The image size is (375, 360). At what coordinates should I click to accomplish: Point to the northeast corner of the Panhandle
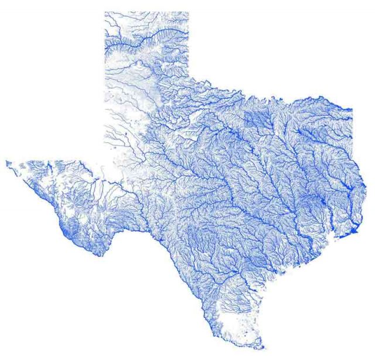[189, 12]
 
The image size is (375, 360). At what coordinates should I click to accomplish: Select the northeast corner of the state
[352, 109]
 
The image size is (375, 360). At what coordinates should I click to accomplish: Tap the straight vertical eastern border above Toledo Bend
[352, 140]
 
